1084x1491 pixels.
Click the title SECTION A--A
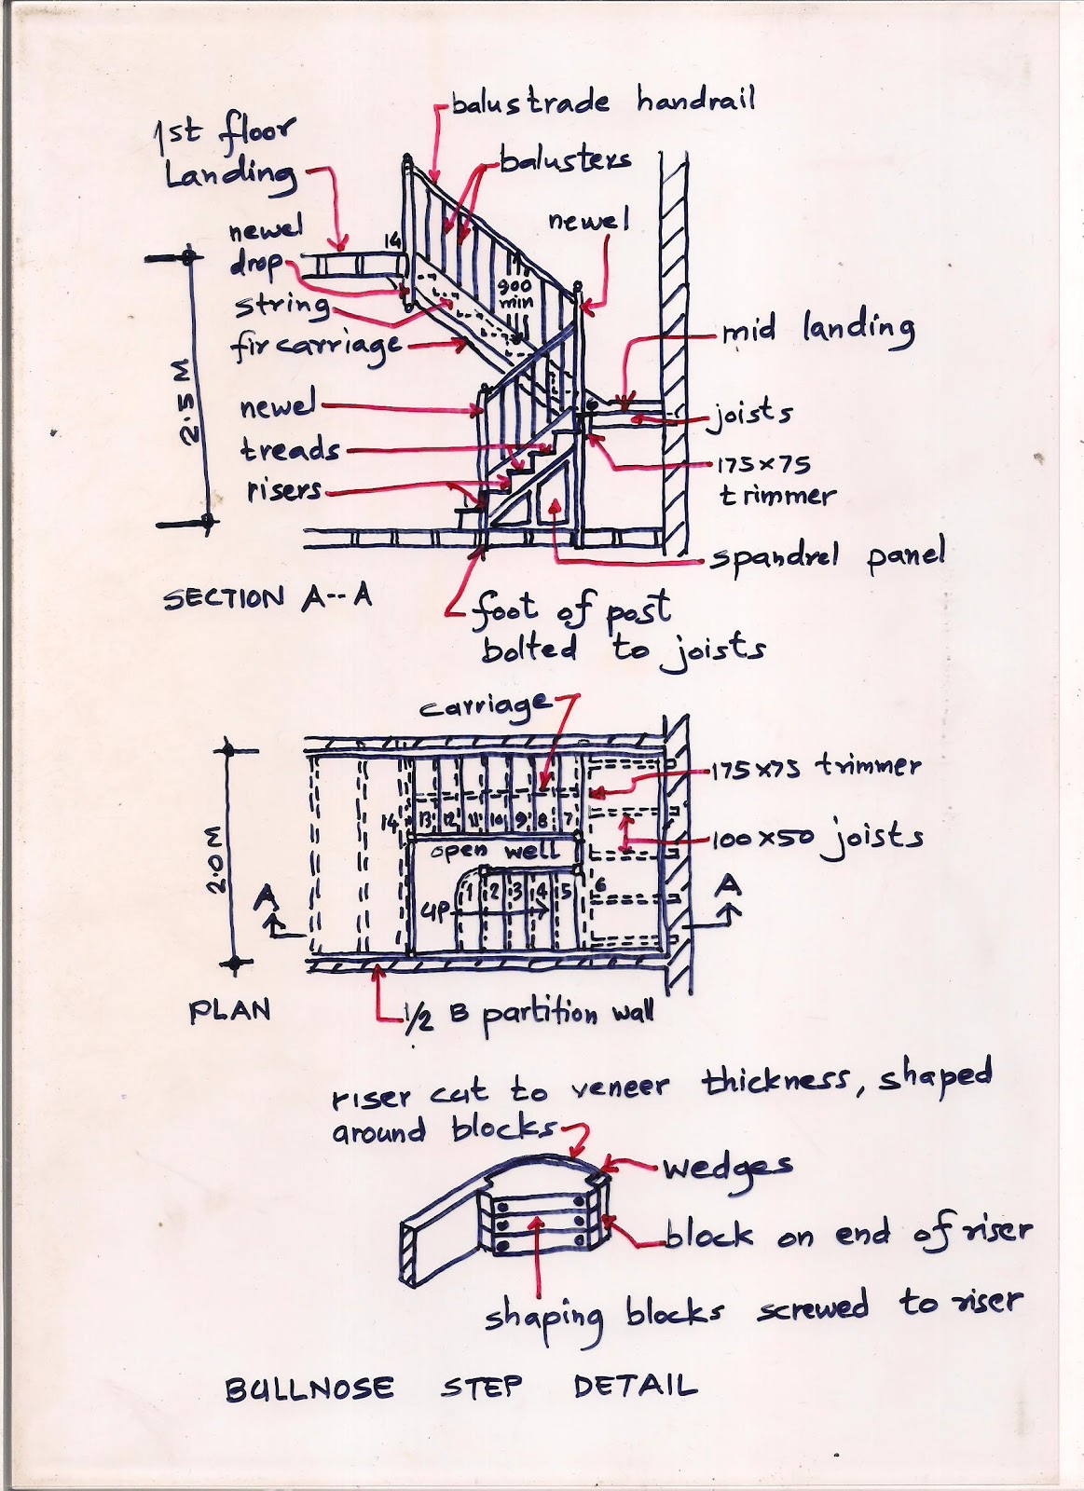coord(268,597)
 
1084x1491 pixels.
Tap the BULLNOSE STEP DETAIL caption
coord(460,1387)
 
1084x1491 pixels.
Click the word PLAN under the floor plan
coord(229,1011)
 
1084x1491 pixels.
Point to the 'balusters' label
coord(565,160)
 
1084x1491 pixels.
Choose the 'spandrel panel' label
coord(827,557)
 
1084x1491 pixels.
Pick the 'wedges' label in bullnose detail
coord(727,1167)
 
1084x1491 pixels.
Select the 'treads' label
coord(290,450)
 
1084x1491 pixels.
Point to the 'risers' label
coord(284,490)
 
